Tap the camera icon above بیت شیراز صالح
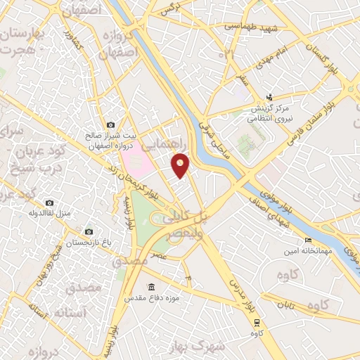click(x=111, y=124)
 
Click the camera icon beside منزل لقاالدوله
click(x=49, y=202)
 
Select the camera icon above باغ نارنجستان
click(x=89, y=231)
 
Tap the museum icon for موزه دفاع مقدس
click(x=150, y=288)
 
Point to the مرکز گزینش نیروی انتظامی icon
click(x=269, y=98)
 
